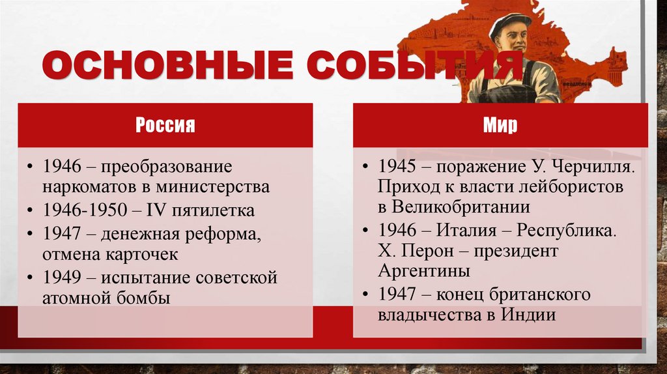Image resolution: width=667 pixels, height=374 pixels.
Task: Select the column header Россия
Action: (x=165, y=124)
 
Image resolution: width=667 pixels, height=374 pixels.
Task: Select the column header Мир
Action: (x=500, y=124)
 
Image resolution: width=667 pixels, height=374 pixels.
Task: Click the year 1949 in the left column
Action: (x=62, y=278)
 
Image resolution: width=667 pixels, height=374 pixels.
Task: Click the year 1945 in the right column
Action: (x=397, y=167)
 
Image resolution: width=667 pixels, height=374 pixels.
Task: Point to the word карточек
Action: (x=143, y=254)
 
